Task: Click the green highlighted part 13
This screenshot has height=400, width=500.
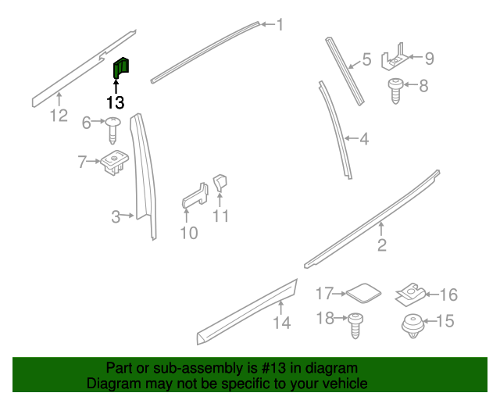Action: click(121, 68)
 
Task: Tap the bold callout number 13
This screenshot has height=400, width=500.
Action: click(115, 102)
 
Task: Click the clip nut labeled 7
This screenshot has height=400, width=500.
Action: click(115, 162)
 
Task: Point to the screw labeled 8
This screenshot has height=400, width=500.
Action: click(396, 91)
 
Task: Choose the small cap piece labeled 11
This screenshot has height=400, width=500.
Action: click(220, 183)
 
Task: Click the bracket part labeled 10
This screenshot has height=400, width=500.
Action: click(195, 196)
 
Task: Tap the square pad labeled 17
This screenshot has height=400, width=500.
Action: click(363, 293)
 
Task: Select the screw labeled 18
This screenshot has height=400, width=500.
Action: click(355, 325)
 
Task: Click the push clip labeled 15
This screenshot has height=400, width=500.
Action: click(413, 326)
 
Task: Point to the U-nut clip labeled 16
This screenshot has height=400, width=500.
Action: click(410, 294)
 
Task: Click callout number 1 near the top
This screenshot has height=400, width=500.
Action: click(280, 24)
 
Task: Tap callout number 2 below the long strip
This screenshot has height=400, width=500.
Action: click(382, 245)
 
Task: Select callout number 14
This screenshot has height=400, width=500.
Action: click(282, 323)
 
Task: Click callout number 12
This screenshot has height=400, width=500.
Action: click(59, 116)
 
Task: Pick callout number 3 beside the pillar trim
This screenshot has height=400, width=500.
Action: click(116, 216)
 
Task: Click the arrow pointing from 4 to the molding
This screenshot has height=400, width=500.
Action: click(352, 138)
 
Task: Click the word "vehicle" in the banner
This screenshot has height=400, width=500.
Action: click(347, 384)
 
